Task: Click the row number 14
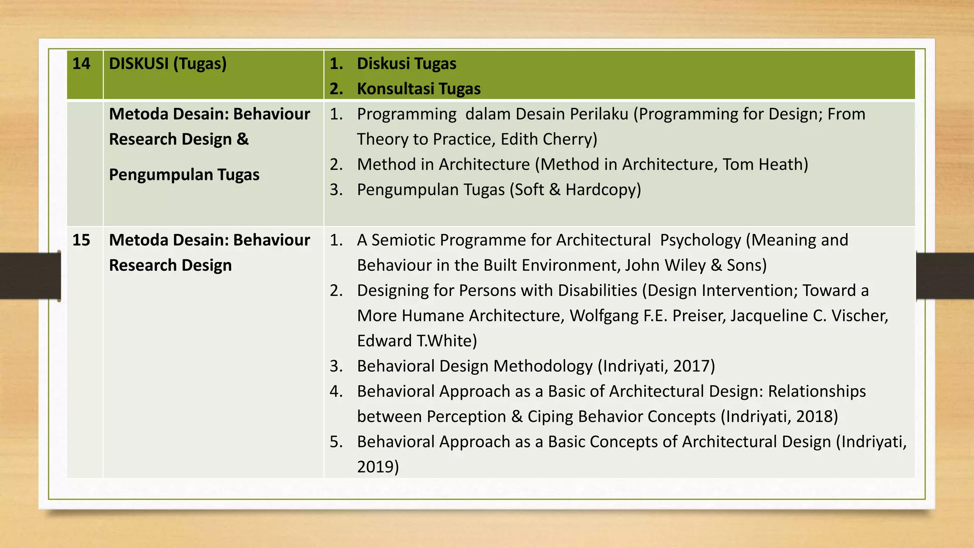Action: [81, 63]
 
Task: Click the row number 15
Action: [81, 240]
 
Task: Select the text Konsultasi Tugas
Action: [419, 88]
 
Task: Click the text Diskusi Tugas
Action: [407, 63]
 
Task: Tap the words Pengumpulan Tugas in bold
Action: [184, 175]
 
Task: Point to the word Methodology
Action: [543, 366]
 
